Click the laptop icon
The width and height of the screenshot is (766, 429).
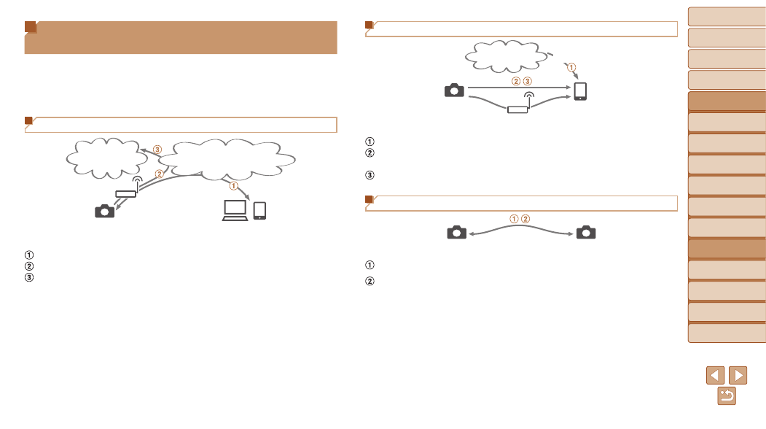coord(235,210)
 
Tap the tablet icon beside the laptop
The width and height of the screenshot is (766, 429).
coord(259,211)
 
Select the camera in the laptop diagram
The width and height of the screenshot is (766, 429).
coord(104,211)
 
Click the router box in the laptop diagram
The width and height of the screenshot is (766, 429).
coord(125,194)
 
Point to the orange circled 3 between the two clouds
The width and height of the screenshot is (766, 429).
coord(157,150)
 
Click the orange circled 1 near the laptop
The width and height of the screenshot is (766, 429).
coord(233,186)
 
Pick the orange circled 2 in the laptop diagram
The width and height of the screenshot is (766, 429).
coord(160,174)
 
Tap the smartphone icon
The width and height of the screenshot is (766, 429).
coord(580,91)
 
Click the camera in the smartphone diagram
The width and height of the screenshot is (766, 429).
coord(454,90)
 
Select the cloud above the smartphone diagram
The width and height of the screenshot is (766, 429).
coord(507,56)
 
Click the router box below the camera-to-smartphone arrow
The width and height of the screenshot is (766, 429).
coord(517,109)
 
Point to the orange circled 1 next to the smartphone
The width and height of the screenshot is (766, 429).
coord(571,67)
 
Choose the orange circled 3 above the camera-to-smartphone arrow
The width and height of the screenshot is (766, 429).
coord(527,81)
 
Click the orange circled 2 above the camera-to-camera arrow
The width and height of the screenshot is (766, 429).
coord(525,219)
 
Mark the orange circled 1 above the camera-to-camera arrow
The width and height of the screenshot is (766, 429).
coord(514,219)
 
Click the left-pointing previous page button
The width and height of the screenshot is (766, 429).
coord(715,375)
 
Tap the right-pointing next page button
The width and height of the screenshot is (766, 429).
coord(738,375)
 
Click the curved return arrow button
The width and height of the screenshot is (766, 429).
coord(727,395)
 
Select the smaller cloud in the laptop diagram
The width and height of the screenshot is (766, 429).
coord(106,158)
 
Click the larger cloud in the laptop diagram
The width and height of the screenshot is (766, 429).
coord(227,159)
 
